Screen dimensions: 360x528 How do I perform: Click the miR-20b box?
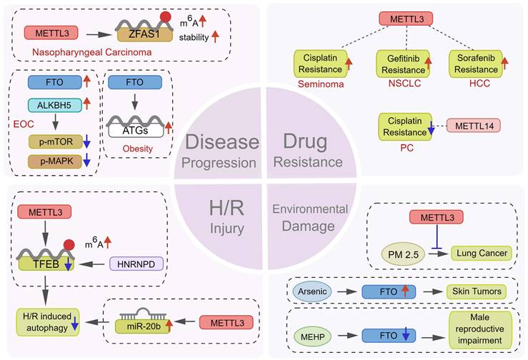point(141,325)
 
